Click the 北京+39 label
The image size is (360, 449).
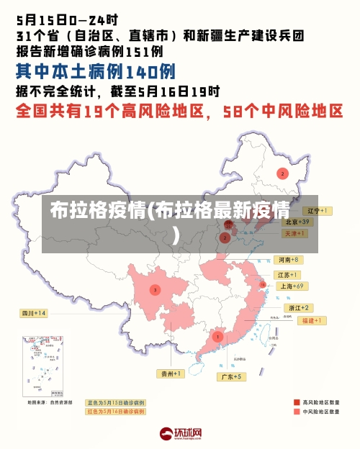[296, 222]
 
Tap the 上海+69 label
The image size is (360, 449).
[292, 286]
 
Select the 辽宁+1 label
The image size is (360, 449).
[318, 211]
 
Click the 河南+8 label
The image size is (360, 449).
[288, 259]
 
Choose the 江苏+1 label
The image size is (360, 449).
[288, 275]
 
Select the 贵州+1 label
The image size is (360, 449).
[171, 373]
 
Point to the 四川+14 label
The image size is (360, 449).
[33, 313]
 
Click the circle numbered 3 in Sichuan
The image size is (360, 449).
[155, 290]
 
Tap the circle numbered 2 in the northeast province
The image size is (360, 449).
[282, 173]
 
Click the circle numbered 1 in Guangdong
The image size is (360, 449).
[217, 336]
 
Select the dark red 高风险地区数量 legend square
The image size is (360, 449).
[297, 402]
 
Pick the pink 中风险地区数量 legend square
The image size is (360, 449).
[297, 412]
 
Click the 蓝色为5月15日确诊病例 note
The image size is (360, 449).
[115, 403]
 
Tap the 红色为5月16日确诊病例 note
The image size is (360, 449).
[115, 412]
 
